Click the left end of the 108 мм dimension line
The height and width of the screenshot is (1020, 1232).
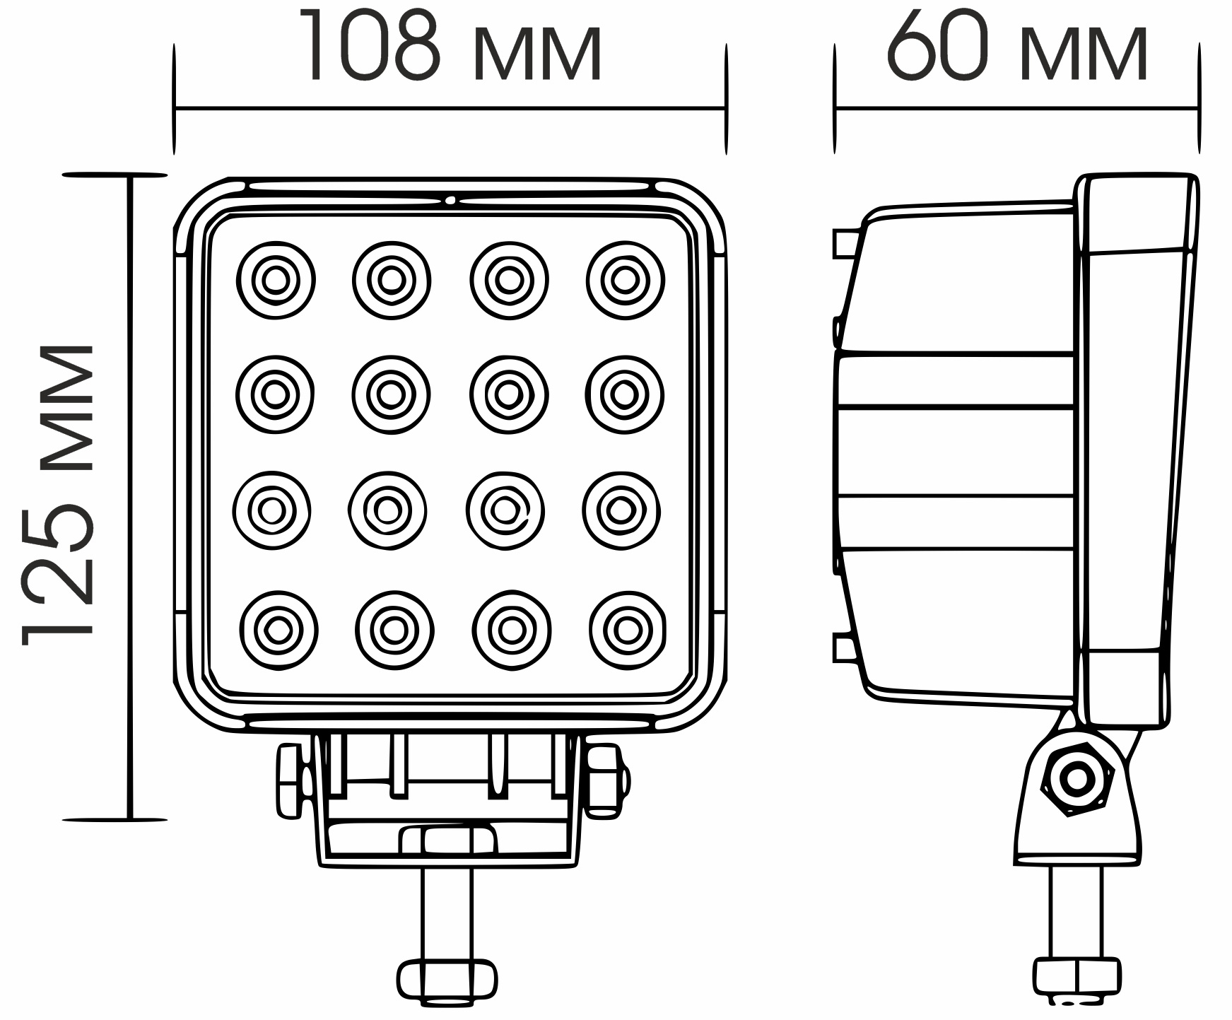tap(175, 109)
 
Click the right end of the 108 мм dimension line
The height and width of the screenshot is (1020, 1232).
tap(725, 109)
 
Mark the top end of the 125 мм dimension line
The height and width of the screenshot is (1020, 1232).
tap(130, 175)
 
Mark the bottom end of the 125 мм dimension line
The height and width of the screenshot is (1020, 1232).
tap(130, 820)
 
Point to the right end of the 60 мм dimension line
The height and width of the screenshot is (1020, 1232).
tap(1198, 109)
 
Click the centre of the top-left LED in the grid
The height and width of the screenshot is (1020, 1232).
tap(276, 281)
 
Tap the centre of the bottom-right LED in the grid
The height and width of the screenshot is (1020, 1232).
tap(627, 630)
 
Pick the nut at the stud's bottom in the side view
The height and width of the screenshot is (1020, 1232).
tap(1076, 979)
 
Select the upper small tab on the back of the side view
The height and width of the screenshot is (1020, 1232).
tap(846, 243)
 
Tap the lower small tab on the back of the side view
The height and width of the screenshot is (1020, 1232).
tap(846, 647)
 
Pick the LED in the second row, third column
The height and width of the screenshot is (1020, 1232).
tap(509, 394)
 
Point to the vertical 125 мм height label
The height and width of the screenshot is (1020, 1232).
tap(58, 496)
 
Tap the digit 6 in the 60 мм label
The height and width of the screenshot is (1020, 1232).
tap(913, 45)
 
